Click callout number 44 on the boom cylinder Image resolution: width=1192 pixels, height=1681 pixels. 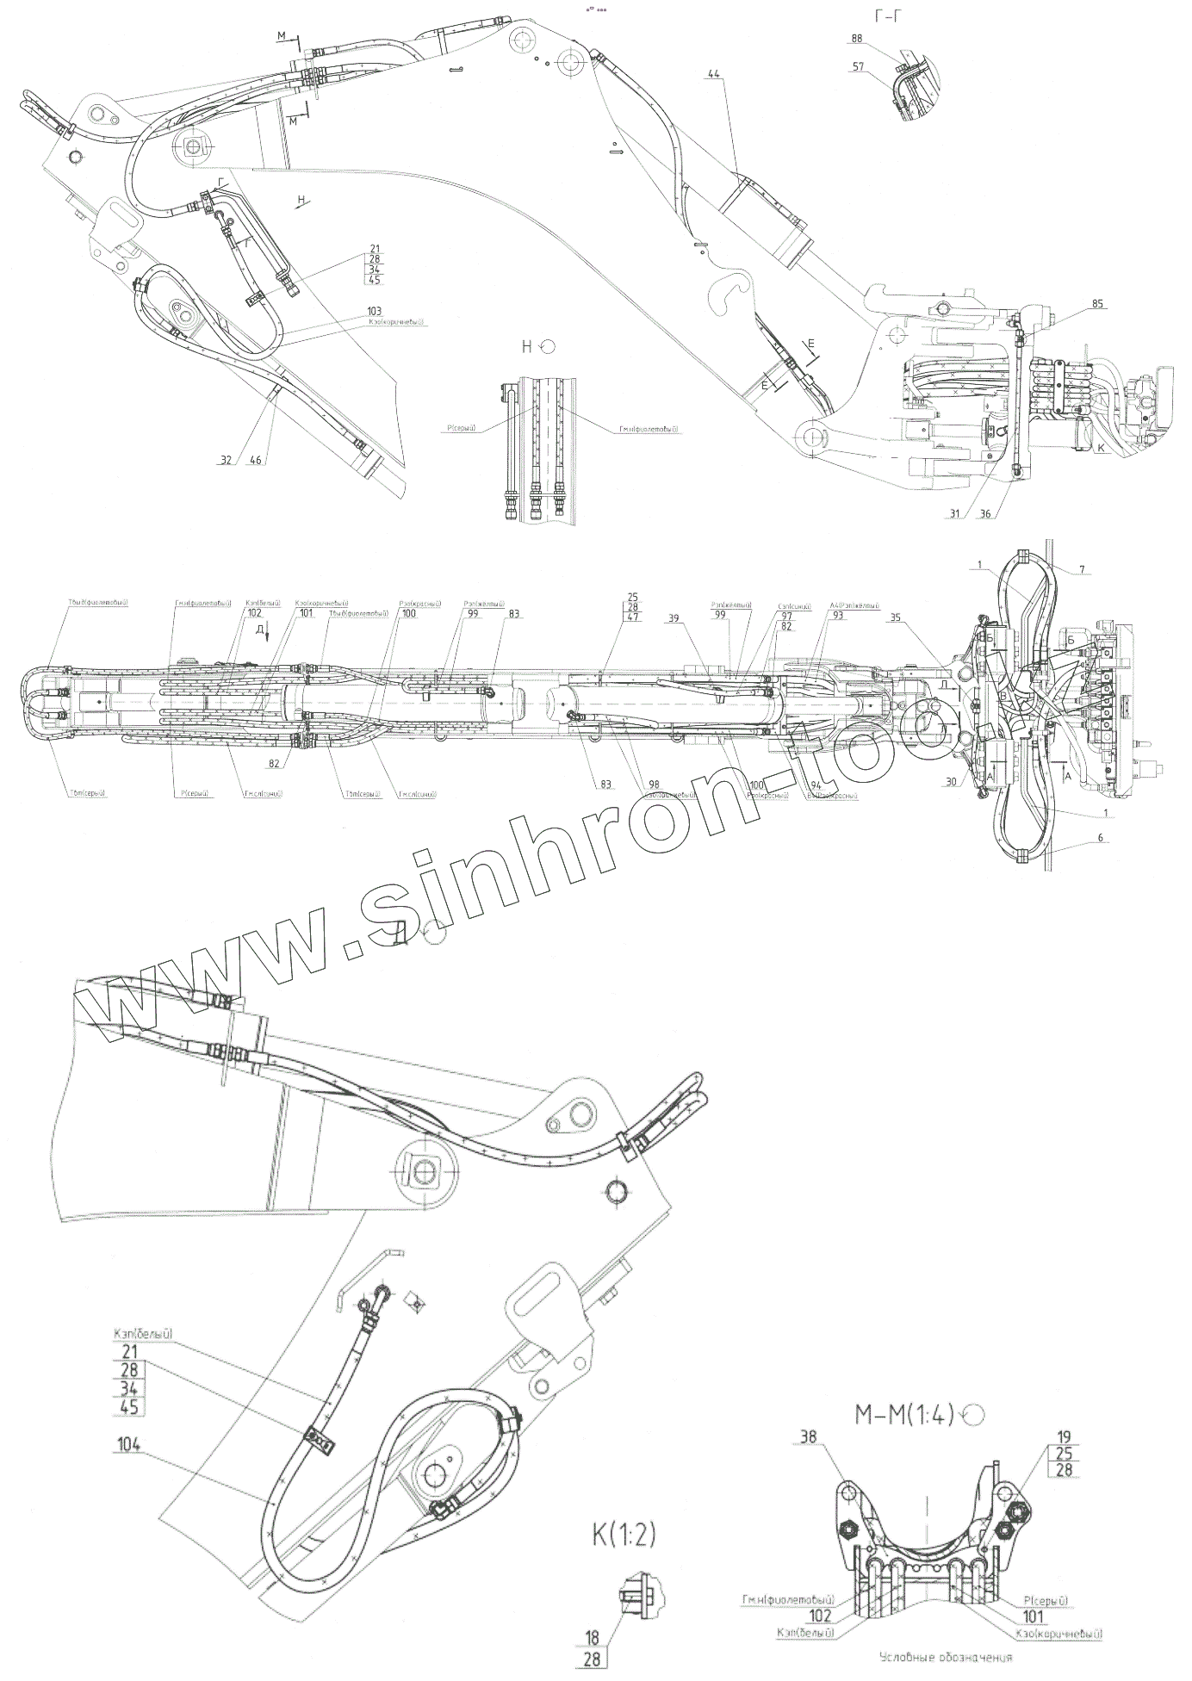coord(714,75)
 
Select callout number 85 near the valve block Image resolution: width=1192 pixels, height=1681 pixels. coord(1097,303)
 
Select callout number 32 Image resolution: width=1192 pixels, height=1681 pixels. coord(226,461)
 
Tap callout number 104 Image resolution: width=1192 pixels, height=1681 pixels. coord(127,1438)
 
